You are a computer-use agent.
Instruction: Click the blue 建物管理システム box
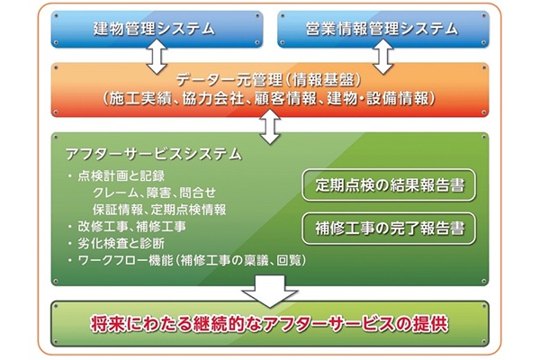[156, 30]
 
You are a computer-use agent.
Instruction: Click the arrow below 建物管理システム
[155, 56]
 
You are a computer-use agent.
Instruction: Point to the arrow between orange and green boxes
[269, 128]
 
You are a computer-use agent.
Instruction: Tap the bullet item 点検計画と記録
[125, 175]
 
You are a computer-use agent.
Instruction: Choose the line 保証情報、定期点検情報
[159, 209]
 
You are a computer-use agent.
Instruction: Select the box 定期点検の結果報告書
[389, 186]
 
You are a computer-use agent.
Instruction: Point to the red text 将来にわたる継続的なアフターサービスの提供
[269, 324]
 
